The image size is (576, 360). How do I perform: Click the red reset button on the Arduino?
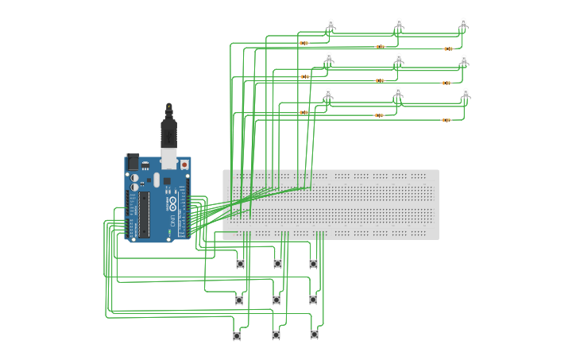coord(184,165)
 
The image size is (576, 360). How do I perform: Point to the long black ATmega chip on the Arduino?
coord(144,215)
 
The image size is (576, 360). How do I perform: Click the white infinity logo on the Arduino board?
coord(170,203)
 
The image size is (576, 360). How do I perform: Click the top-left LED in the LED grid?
coord(331,25)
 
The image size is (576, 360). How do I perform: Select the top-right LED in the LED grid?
coord(463,25)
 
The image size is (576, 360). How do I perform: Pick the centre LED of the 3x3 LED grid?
coord(398,60)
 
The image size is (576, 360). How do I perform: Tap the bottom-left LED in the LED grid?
coord(329,94)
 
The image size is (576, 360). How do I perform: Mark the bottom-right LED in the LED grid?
coord(466,95)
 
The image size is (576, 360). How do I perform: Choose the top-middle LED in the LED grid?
coord(399,25)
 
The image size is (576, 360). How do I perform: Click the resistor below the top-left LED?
coord(304,43)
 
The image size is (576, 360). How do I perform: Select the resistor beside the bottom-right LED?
coord(446,120)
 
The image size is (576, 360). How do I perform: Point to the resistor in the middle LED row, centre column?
coord(380,80)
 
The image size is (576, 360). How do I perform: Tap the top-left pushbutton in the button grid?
coord(240,264)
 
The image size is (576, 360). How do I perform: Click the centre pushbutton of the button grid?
coord(276,300)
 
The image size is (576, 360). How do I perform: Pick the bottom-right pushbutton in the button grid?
coord(314,335)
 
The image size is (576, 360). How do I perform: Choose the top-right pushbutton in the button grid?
coord(313,264)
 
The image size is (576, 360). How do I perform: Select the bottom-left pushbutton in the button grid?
coord(237,336)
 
